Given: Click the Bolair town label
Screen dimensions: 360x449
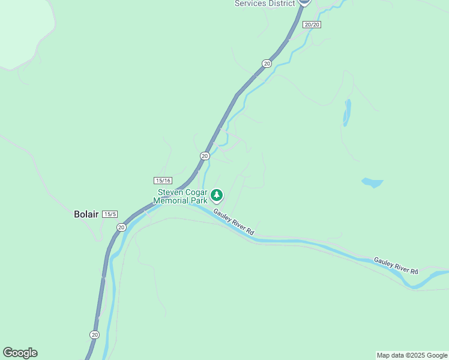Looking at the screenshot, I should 85,214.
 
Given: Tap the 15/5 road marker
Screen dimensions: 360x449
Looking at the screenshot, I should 110,214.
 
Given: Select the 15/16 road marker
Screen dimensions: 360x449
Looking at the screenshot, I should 163,180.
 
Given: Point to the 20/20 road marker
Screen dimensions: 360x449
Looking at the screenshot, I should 312,25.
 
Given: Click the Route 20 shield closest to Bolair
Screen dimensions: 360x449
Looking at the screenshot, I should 121,227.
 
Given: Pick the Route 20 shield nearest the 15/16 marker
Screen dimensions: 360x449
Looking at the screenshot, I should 205,156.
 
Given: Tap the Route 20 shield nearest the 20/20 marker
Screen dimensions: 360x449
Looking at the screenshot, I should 267,63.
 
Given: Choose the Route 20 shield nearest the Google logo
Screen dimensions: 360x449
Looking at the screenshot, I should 94,334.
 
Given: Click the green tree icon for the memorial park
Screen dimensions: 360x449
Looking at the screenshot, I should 217,195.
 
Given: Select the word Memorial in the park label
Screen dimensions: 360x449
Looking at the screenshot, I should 171,200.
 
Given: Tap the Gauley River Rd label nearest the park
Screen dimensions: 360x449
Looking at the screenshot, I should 235,223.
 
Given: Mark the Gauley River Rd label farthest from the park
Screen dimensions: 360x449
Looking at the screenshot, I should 396,266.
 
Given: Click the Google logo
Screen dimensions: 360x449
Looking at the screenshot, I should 20,353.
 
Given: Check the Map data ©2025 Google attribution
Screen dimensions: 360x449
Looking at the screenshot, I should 412,355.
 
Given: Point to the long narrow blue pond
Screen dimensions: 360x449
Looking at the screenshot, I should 347,112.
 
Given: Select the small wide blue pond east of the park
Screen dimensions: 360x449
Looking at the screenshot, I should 372,182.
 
